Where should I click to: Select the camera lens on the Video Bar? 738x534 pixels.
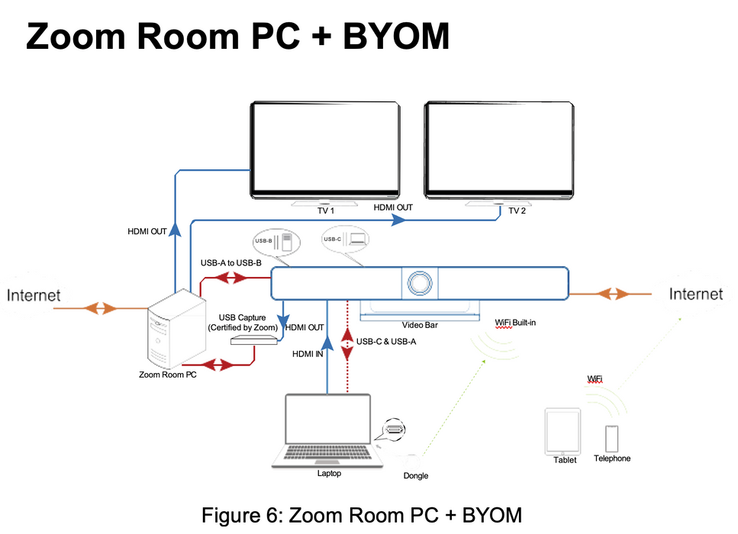[x=420, y=282]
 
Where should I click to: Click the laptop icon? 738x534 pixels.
[x=327, y=431]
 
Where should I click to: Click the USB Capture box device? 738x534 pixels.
[x=253, y=340]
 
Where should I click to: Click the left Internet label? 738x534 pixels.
[x=34, y=295]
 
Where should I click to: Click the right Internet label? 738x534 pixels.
[x=695, y=294]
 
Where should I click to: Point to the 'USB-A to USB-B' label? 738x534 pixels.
[x=230, y=263]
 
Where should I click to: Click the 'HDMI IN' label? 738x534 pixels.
[x=308, y=354]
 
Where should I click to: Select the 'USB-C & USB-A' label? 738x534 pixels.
[x=386, y=341]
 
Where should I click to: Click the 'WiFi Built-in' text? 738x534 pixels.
[x=515, y=323]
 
